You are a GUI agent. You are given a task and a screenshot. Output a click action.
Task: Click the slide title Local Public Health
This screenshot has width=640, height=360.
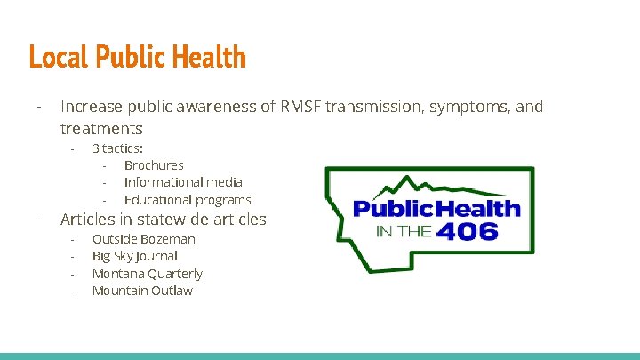click(137, 57)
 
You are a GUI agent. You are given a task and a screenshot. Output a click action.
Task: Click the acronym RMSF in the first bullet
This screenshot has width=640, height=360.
click(300, 108)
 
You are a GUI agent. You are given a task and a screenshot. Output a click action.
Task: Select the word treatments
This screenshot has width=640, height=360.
click(101, 129)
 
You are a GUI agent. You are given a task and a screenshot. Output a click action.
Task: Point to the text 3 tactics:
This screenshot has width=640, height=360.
click(117, 148)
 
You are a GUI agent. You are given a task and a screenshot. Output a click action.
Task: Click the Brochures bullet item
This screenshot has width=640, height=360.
click(154, 165)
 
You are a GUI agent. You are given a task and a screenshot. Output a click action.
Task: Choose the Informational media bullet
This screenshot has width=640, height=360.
click(183, 182)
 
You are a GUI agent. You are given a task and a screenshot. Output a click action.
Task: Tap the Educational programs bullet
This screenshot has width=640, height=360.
click(188, 200)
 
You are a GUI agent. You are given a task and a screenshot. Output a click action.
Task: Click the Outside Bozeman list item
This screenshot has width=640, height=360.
click(143, 239)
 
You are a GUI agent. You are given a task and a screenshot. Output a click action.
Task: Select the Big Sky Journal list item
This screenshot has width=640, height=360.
click(134, 256)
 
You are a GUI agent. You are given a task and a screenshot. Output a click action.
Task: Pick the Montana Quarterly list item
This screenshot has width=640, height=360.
click(147, 274)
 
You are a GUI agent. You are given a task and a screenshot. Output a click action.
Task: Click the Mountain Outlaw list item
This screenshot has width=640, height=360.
click(142, 291)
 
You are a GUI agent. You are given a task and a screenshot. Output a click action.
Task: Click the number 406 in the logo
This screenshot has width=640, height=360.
click(468, 232)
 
